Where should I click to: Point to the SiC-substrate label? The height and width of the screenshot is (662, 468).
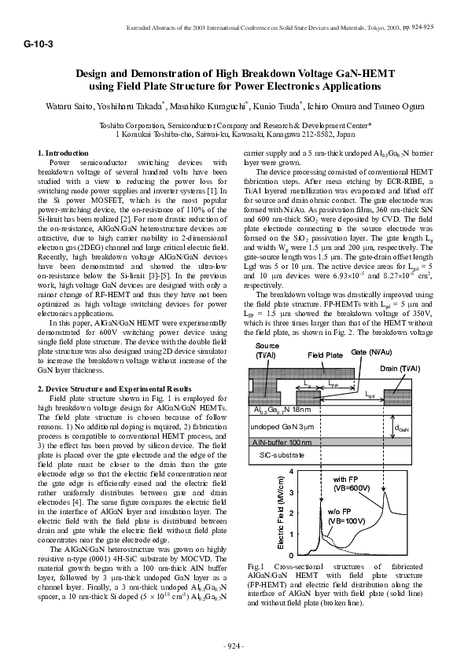point(278,455)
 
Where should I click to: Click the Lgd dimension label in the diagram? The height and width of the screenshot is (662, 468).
point(370,394)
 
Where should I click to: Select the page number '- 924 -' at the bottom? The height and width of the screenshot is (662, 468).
point(234,645)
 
